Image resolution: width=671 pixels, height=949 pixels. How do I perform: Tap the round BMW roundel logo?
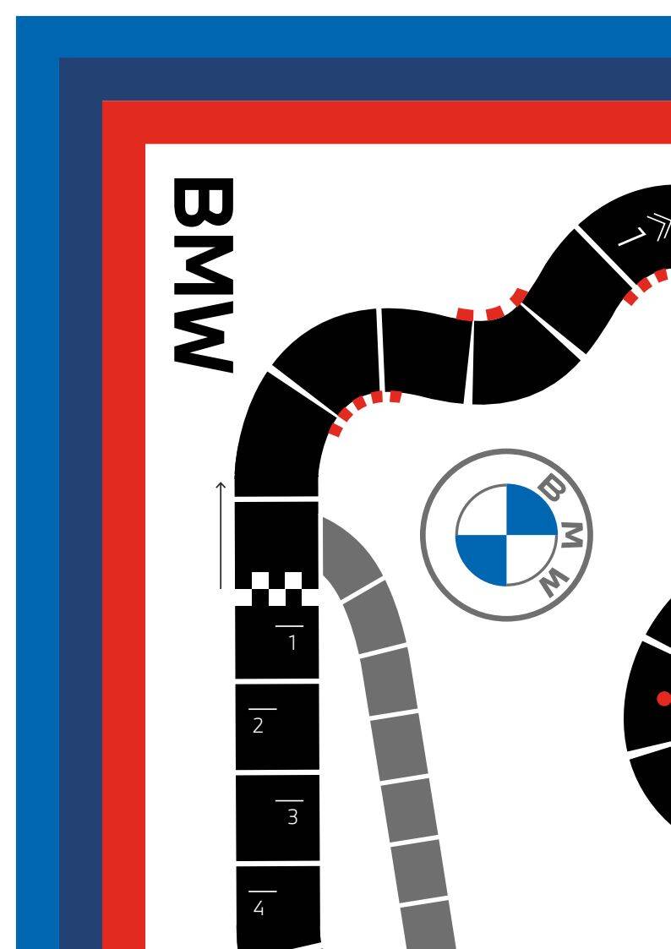point(506,535)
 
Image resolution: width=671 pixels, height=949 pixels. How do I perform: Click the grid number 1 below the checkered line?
point(292,642)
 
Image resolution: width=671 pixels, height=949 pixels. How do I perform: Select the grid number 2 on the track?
point(259,724)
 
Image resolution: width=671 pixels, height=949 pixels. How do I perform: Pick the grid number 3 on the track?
point(292,816)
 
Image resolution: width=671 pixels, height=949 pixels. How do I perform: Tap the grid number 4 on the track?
point(259,908)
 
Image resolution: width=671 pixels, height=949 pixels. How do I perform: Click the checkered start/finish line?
point(276,589)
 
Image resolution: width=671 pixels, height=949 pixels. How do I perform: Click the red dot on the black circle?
point(663,698)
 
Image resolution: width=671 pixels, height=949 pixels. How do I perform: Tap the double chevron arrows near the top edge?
point(658,224)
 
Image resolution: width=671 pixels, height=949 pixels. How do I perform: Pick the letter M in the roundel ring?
point(574,534)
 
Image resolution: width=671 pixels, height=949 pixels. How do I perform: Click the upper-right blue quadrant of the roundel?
point(532,510)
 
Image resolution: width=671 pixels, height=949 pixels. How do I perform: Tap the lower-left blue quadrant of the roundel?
point(482,559)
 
